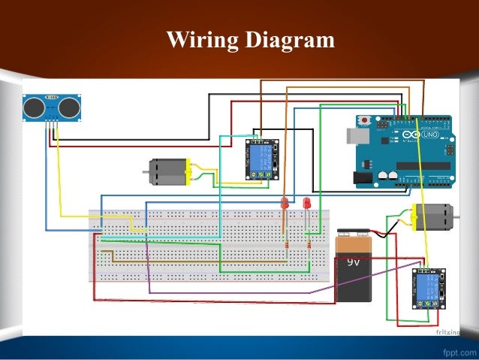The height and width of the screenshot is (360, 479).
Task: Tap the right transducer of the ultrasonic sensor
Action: pos(68,108)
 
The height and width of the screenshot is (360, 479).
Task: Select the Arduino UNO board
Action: pos(402,150)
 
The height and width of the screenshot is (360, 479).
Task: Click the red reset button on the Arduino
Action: pos(365,120)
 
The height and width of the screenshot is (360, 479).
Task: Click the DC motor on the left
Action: pos(167,172)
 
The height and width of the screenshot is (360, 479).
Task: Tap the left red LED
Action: pos(285,203)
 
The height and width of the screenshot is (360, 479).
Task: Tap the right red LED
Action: pos(306,203)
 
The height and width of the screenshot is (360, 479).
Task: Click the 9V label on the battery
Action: pos(354,264)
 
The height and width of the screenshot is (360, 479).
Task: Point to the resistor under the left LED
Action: pos(286,245)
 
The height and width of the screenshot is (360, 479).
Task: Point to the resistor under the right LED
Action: pos(308,245)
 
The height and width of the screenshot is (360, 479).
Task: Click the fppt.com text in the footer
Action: pos(455,350)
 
